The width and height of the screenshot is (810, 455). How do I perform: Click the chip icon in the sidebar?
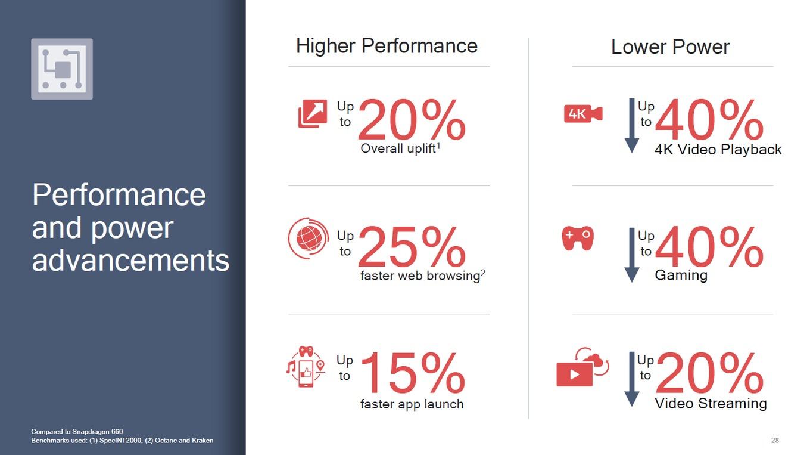tap(62, 69)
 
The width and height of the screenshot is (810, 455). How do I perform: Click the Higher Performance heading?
tap(387, 46)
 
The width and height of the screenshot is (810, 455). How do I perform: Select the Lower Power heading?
tap(670, 47)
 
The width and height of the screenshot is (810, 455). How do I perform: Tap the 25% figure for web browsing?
tap(412, 246)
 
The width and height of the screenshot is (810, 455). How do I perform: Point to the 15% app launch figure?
tap(413, 373)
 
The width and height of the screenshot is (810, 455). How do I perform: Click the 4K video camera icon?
tap(583, 114)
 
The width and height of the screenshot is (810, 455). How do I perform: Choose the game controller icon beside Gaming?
tap(578, 238)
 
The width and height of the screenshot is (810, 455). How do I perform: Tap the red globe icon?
tap(309, 238)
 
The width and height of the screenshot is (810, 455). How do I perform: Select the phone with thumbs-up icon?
tap(306, 367)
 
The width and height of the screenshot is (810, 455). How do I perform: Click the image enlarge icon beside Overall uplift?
tap(313, 113)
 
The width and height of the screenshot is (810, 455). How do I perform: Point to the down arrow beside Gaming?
tap(632, 255)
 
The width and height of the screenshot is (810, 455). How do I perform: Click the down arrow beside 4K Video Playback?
tap(632, 125)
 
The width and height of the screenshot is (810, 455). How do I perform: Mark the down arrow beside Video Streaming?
tap(632, 379)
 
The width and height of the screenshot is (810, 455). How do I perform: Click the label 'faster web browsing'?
tap(420, 276)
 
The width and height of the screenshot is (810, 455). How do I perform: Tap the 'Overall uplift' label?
tap(398, 148)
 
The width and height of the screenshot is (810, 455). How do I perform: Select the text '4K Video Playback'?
tap(718, 150)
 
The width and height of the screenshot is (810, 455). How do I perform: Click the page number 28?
tap(775, 440)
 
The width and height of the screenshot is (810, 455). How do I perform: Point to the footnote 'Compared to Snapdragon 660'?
tap(77, 432)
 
